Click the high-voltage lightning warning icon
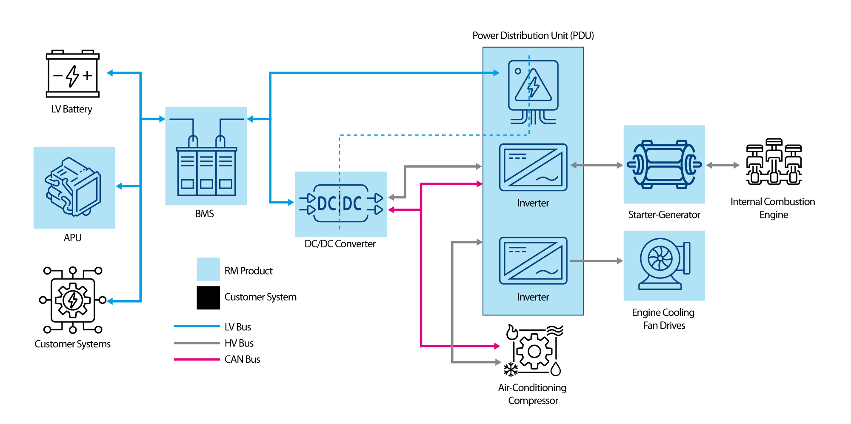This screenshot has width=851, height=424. (x=533, y=86)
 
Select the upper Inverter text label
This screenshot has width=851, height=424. (x=533, y=203)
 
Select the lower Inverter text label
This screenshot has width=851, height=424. (x=533, y=297)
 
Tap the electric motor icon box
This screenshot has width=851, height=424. (x=664, y=165)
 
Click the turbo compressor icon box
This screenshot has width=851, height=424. (x=664, y=266)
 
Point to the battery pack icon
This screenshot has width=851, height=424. (x=206, y=157)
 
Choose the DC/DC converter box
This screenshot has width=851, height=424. (x=341, y=204)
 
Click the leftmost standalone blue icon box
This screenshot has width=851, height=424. (x=74, y=188)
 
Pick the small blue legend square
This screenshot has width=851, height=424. (x=208, y=269)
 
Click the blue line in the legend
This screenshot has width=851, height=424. (x=197, y=326)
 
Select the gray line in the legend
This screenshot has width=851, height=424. (x=197, y=343)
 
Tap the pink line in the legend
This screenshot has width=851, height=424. (x=197, y=359)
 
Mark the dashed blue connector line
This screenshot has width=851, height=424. (x=408, y=135)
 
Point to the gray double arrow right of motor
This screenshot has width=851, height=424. (x=723, y=165)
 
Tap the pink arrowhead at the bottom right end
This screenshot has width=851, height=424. (x=497, y=346)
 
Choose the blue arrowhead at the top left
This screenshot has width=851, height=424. (x=110, y=73)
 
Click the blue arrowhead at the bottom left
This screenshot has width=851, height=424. (x=110, y=301)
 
